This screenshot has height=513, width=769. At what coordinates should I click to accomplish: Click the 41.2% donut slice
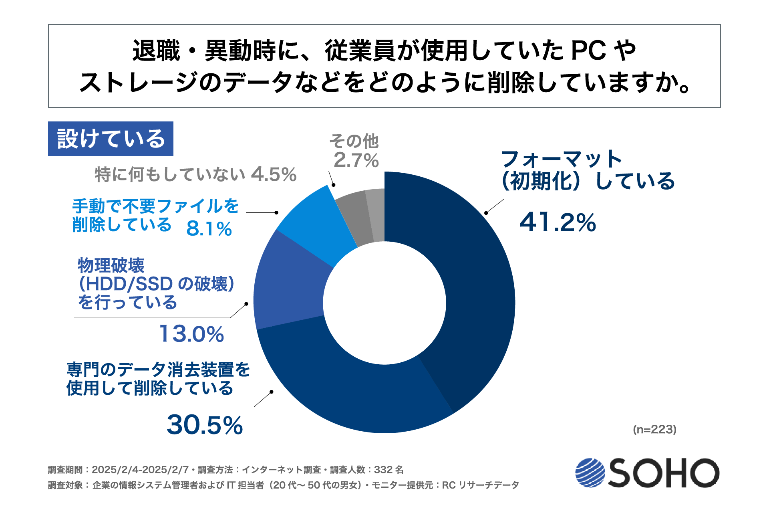pos(473,281)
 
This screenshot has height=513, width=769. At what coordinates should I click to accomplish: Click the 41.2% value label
pos(558,222)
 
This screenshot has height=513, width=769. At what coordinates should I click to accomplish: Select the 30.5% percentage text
pos(205,425)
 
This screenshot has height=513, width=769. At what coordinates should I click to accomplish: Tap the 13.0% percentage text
pos(191,334)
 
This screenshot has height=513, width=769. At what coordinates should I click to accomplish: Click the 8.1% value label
pos(209,229)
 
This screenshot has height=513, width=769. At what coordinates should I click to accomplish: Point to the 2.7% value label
pos(356,160)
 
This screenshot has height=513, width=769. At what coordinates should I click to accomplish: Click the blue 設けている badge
pos(111,139)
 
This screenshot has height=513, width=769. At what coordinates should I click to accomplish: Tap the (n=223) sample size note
pos(654,429)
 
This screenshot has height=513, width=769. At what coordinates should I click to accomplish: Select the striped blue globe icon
pos(590,473)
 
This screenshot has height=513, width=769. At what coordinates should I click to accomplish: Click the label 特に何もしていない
pos(170,175)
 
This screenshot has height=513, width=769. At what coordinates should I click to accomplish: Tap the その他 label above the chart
pos(354,141)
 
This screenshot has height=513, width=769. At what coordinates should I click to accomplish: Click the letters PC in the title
pos(588,51)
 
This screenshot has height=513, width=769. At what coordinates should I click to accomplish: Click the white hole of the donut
pos(384,303)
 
